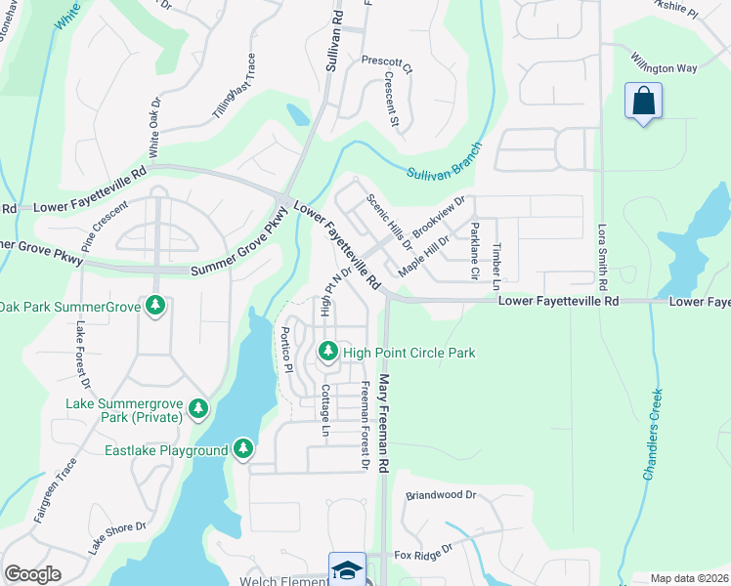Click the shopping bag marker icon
(x=643, y=102)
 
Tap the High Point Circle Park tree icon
(x=328, y=351)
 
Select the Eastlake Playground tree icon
(x=243, y=449)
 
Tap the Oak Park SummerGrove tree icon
(x=154, y=307)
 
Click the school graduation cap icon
(x=347, y=570)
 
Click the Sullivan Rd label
(x=338, y=29)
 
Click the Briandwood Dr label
(x=441, y=495)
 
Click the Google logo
(x=33, y=574)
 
